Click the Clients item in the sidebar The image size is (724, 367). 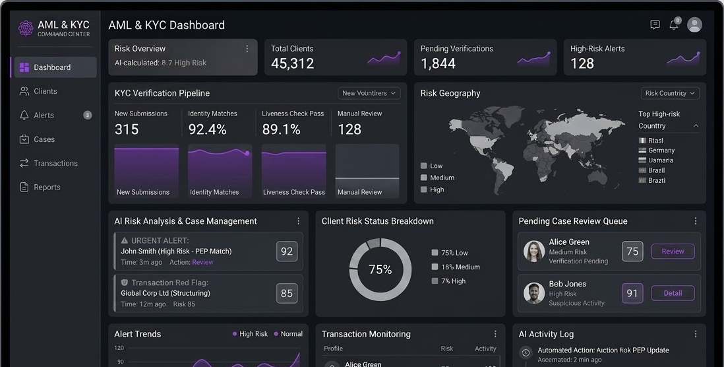[x=45, y=91]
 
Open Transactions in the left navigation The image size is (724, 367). [x=55, y=163]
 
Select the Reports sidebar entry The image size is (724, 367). [x=47, y=187]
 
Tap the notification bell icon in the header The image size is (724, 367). [x=674, y=25]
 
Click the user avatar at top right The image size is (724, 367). [x=694, y=25]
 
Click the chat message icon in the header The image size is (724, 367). [x=655, y=25]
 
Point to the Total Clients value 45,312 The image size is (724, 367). [x=292, y=63]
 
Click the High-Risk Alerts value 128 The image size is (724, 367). [x=582, y=63]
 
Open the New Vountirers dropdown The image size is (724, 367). [x=369, y=93]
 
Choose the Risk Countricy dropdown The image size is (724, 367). [x=670, y=93]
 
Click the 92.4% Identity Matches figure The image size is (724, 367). [x=207, y=129]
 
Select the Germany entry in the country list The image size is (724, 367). [x=661, y=150]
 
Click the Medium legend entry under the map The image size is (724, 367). [x=442, y=178]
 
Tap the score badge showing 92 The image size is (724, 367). [x=287, y=251]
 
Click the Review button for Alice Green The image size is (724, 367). [x=673, y=251]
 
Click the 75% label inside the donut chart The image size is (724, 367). [x=380, y=269]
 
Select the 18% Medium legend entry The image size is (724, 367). [x=460, y=267]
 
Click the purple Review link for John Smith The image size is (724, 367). [x=202, y=262]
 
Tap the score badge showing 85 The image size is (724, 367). [x=287, y=294]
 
